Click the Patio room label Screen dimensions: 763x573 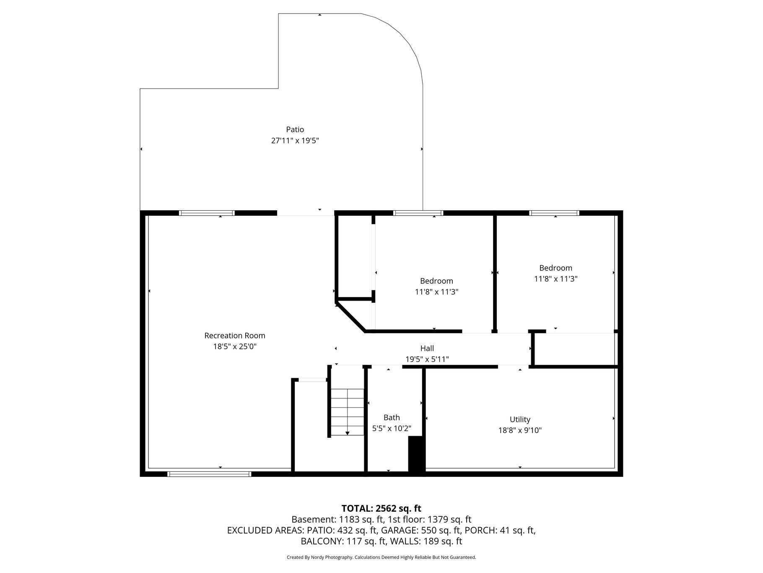coord(295,130)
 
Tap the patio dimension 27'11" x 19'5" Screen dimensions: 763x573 coord(295,141)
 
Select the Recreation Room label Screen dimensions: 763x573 coord(235,335)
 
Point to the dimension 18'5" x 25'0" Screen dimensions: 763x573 coord(235,346)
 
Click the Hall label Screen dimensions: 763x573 coord(427,348)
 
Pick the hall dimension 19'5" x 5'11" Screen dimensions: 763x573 coord(427,359)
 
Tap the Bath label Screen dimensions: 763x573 coord(392,418)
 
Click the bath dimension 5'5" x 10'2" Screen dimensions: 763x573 coord(392,429)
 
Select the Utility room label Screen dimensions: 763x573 coord(520,419)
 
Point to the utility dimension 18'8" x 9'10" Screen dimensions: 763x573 coord(520,430)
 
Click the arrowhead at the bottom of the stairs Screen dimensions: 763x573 coord(347,433)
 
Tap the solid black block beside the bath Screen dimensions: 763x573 coord(416,455)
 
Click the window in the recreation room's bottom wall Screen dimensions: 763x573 coord(209,474)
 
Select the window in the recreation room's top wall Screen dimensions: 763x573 coord(207,213)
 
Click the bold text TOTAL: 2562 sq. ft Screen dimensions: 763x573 coord(381,509)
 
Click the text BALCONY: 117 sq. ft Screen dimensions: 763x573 coord(344,541)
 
